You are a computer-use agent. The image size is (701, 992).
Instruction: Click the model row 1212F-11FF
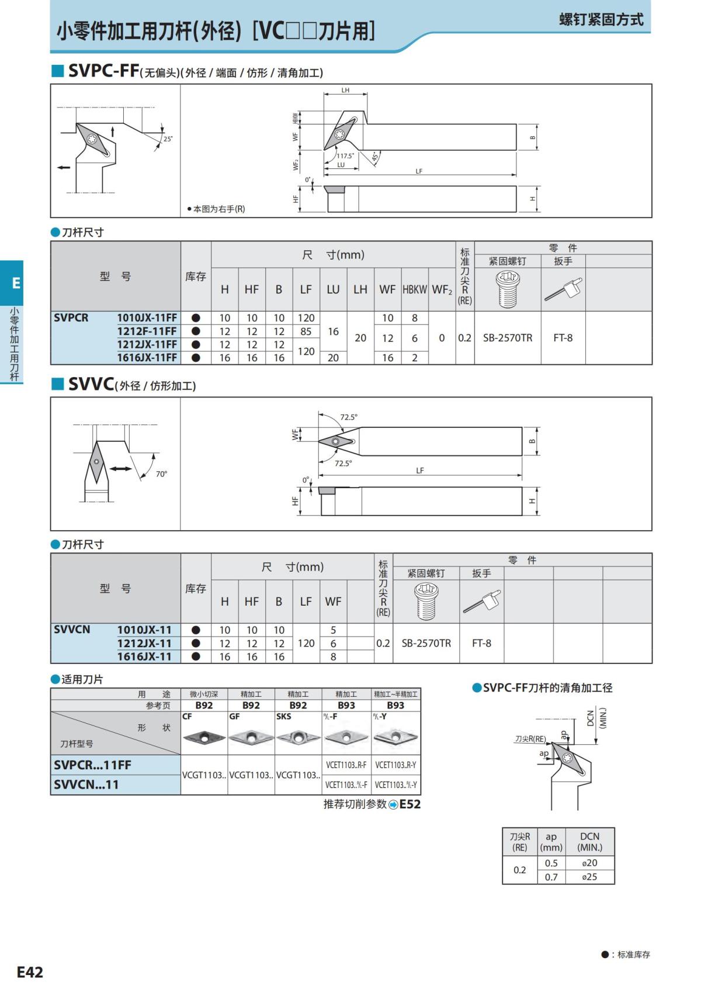click(147, 331)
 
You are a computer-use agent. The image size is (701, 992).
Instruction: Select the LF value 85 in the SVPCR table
click(306, 331)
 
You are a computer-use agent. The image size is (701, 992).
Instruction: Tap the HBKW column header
click(414, 289)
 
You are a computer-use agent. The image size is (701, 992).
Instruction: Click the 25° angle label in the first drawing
click(168, 139)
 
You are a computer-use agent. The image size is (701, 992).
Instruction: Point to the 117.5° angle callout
click(345, 156)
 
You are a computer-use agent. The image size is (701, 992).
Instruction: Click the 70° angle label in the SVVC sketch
click(161, 474)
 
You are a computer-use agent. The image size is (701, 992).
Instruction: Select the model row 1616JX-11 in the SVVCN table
click(144, 656)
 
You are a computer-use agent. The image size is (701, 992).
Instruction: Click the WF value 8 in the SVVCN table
click(333, 656)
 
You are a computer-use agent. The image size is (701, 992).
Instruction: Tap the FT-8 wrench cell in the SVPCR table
click(563, 338)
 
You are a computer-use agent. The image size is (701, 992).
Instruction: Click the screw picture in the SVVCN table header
click(426, 600)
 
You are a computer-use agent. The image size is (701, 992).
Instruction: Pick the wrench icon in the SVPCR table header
click(563, 289)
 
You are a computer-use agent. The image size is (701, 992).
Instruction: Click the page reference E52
click(410, 804)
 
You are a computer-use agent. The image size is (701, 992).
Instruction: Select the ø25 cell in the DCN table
click(589, 877)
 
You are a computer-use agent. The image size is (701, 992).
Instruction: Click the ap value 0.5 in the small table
click(551, 863)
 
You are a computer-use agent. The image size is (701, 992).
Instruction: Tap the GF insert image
click(251, 737)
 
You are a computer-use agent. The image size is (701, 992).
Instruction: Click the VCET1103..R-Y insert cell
click(395, 765)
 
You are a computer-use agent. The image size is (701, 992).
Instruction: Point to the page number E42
click(30, 972)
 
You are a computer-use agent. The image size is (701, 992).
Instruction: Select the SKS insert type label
click(284, 717)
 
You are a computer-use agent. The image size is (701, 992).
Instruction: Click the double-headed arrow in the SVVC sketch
click(121, 469)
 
